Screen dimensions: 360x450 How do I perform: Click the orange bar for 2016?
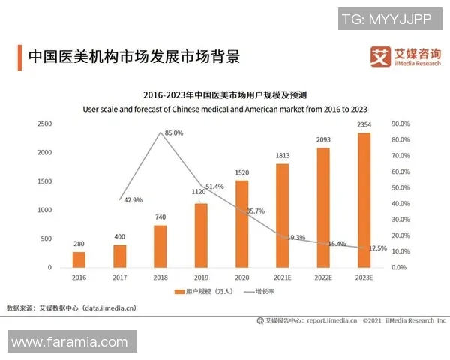tap(79, 259)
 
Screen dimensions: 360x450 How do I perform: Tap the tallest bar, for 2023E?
tap(364, 199)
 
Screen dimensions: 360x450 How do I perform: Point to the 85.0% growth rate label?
tap(174, 133)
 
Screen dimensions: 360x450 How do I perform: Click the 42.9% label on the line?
tap(133, 200)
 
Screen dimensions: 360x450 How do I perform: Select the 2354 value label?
tap(364, 124)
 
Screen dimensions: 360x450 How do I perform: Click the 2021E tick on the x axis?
tap(282, 277)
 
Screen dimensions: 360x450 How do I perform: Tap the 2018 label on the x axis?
tap(160, 277)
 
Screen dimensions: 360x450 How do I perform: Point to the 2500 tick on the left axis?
tap(44, 124)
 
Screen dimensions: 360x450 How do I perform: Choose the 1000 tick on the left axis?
tap(44, 210)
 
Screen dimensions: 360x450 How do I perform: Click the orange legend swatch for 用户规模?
tap(179, 291)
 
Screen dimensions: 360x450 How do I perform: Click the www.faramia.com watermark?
tap(70, 342)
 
